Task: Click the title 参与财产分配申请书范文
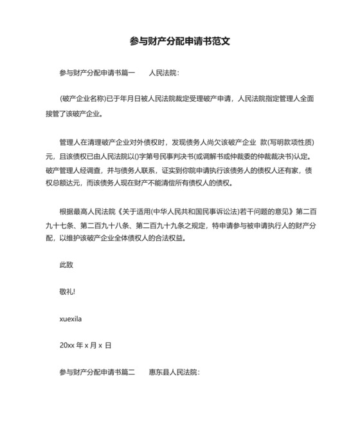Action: click(180, 41)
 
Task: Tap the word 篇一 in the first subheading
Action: click(129, 73)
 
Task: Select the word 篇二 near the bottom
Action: click(129, 372)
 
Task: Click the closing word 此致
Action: click(66, 265)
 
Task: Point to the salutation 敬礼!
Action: click(67, 292)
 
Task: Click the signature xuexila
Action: click(71, 319)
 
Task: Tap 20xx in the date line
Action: click(67, 346)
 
